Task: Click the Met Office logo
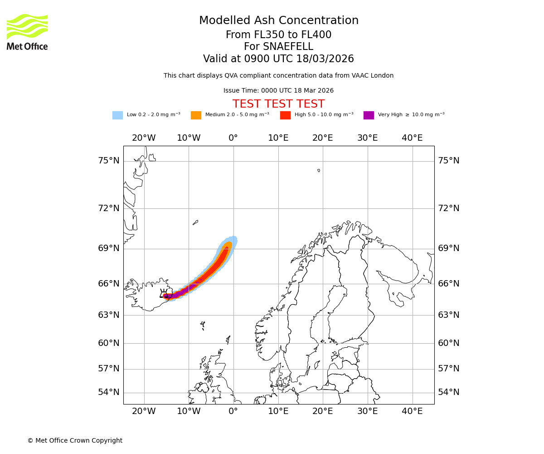tap(27, 32)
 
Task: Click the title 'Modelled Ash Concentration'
tap(278, 21)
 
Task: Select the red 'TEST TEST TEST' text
tap(278, 104)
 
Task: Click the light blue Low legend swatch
tap(117, 115)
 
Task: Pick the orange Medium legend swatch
tap(196, 115)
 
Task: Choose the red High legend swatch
tap(285, 115)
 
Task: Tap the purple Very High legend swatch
tap(369, 115)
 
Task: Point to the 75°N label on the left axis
tap(109, 161)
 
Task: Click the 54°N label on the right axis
tap(448, 392)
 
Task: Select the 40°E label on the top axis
tap(412, 138)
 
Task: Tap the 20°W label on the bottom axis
tap(144, 411)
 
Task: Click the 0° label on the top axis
tap(233, 138)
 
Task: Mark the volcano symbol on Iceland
tap(164, 294)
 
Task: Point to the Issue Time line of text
tap(278, 91)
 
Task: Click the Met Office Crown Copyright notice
tap(75, 440)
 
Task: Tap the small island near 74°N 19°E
tap(319, 171)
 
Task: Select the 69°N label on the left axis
tap(109, 248)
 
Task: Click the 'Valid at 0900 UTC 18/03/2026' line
tap(278, 59)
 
